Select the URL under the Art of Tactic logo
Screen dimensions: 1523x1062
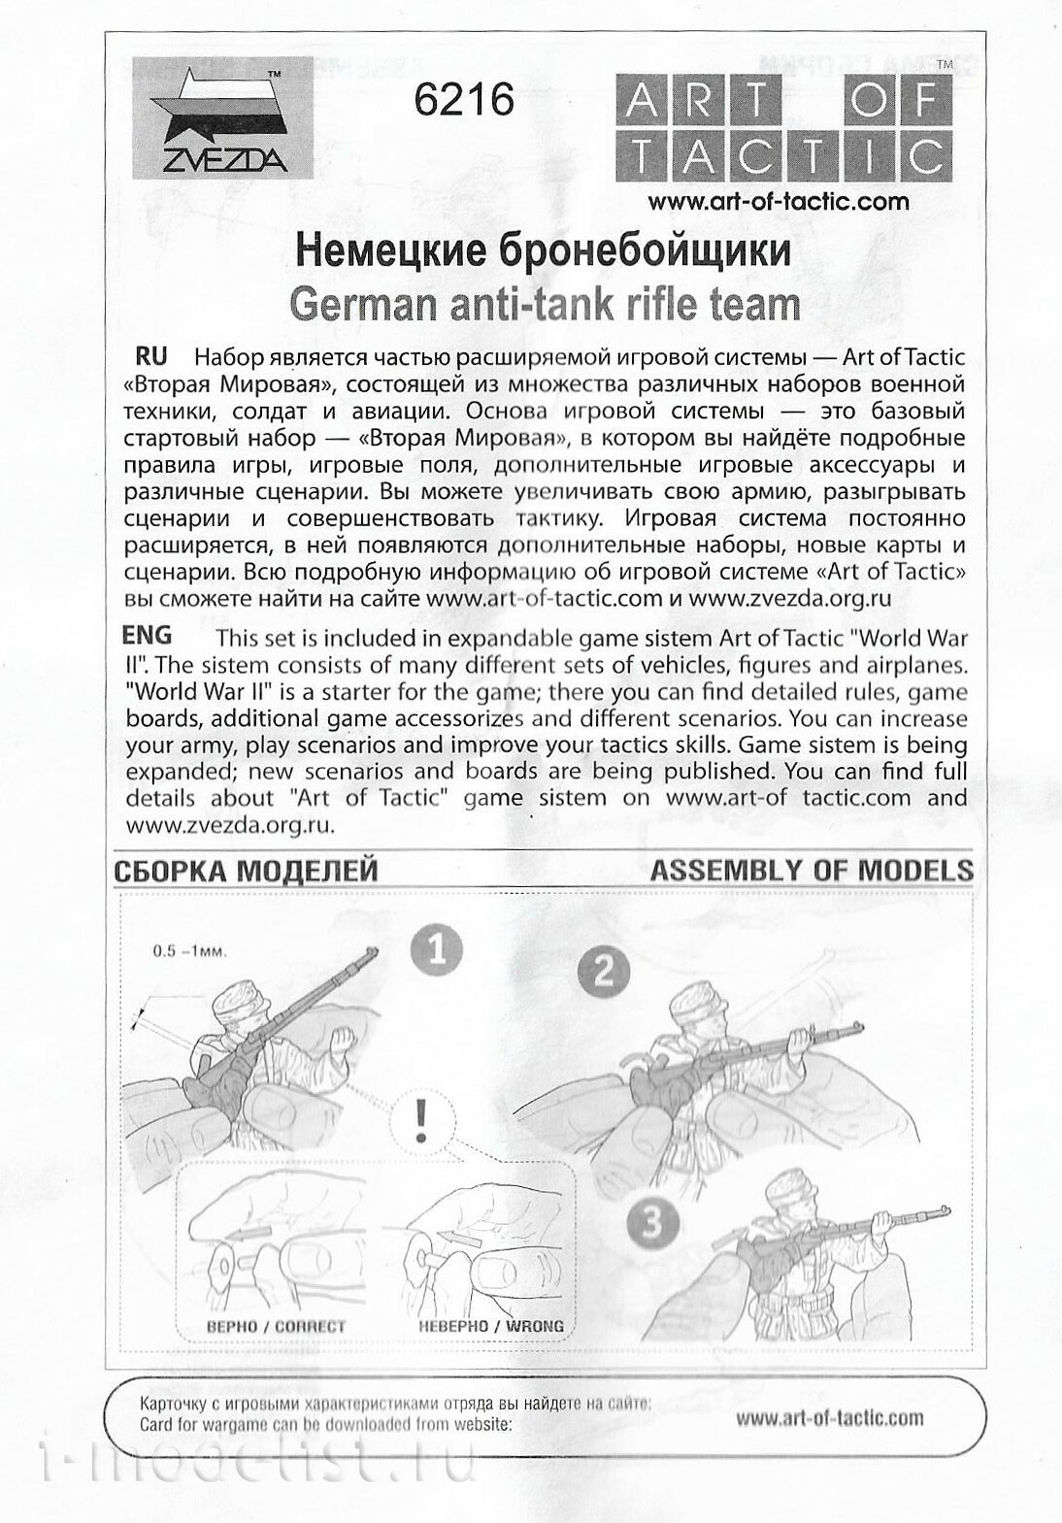point(779,202)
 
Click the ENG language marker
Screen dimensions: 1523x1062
point(148,636)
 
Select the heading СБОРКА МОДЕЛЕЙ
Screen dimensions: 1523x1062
point(246,871)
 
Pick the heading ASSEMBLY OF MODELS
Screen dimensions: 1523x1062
point(812,870)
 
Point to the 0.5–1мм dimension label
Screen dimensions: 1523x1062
point(189,951)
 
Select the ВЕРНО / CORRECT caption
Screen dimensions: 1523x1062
point(276,1326)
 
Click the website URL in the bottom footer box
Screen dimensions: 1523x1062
point(829,1418)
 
